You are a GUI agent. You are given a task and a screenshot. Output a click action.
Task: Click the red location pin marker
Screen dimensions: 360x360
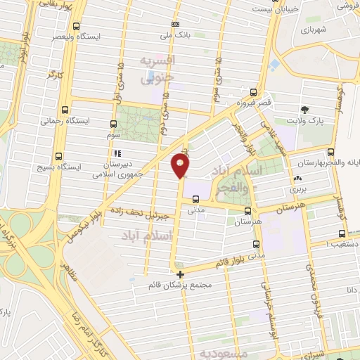[x=180, y=166]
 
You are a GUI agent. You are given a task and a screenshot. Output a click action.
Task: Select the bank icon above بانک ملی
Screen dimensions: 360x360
[x=174, y=24]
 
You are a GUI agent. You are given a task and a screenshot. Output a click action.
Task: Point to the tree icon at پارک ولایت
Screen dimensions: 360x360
[x=304, y=109]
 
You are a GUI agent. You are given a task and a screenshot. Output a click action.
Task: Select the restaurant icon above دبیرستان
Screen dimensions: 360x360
[x=117, y=153]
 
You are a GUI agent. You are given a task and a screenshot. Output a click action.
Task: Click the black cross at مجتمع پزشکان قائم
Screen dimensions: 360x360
[x=180, y=274]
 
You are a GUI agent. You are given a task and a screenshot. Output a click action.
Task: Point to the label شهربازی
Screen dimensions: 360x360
[x=314, y=30]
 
